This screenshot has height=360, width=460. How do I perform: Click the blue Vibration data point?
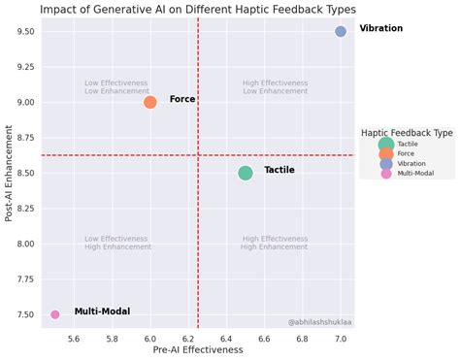click(x=341, y=31)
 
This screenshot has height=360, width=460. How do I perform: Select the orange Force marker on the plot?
click(x=150, y=102)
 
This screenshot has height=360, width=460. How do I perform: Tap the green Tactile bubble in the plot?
click(x=246, y=173)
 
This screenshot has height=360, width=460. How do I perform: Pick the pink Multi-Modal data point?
click(x=55, y=314)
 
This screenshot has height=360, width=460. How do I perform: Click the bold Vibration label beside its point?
click(x=380, y=29)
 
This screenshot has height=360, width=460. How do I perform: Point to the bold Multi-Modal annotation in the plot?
click(x=102, y=311)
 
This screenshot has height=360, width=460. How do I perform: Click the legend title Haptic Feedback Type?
click(x=407, y=132)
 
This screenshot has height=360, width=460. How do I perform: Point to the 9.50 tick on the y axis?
click(x=24, y=31)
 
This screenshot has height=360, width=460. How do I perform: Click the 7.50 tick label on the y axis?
click(x=24, y=314)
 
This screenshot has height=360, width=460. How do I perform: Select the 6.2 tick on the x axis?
click(x=188, y=338)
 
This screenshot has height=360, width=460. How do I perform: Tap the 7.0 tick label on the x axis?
click(x=341, y=338)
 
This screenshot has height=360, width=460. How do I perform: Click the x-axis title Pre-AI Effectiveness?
click(x=198, y=350)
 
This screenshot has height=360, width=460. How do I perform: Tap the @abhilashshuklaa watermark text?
click(x=319, y=321)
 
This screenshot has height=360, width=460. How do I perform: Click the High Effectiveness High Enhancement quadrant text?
click(x=276, y=243)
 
